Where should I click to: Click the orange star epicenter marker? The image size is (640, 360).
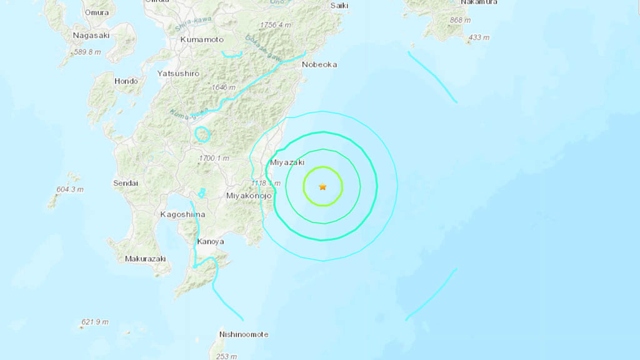click(322, 186)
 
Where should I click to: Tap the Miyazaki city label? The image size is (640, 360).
click(286, 162)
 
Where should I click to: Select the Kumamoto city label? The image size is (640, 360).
click(201, 39)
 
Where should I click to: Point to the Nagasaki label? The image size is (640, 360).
click(91, 36)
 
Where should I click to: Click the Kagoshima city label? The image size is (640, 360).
click(182, 214)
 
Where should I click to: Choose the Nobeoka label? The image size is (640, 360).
click(319, 64)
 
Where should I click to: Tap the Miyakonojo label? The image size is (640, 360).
click(248, 196)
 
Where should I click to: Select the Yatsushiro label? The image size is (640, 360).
click(178, 73)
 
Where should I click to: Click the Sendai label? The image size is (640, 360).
click(126, 183)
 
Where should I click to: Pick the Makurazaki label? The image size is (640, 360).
click(144, 259)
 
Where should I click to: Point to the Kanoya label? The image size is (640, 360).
click(211, 242)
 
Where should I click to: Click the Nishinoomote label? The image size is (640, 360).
click(244, 334)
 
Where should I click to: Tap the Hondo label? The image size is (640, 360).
click(126, 81)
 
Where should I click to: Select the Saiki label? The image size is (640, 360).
click(339, 6)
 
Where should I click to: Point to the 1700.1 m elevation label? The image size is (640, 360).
click(214, 158)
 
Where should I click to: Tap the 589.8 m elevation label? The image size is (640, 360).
click(87, 52)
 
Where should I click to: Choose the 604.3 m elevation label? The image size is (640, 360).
click(70, 189)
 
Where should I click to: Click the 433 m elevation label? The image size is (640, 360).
click(479, 37)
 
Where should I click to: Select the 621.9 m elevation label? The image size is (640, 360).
click(95, 322)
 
